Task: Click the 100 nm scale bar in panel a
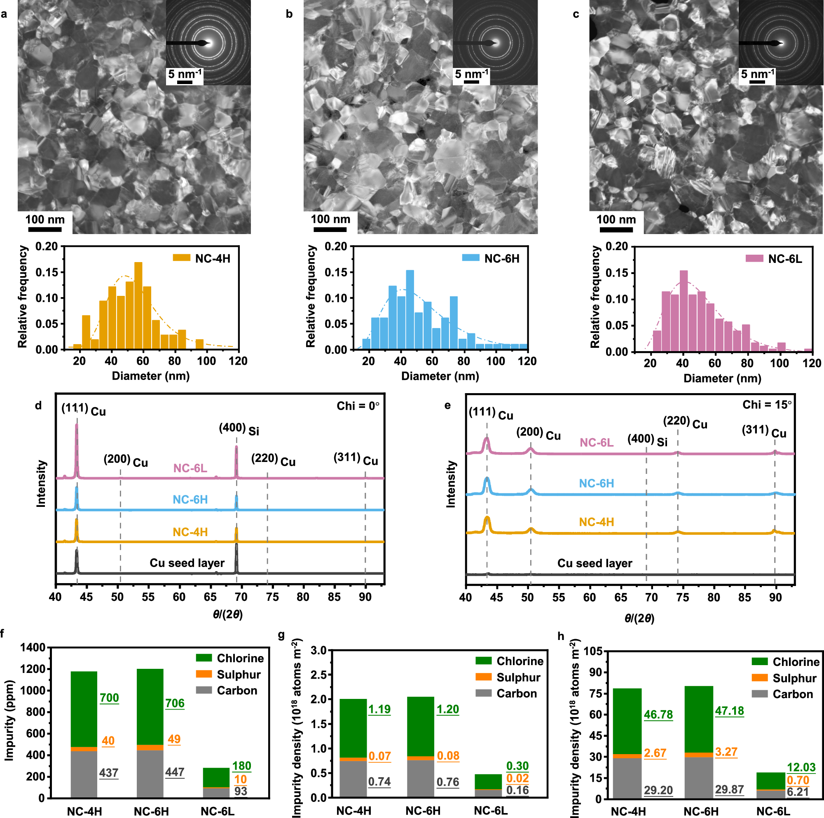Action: [x=45, y=229]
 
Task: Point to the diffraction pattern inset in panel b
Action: [x=495, y=42]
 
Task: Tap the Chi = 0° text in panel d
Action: [x=357, y=405]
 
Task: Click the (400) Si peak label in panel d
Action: [x=239, y=429]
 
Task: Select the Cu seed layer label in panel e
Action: [x=595, y=563]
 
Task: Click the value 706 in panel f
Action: [x=175, y=703]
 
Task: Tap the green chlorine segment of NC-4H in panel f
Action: [x=84, y=709]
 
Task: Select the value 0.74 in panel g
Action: [x=379, y=782]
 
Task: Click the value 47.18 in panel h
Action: [x=729, y=710]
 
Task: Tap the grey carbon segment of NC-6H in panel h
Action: [x=699, y=778]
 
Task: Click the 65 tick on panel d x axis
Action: [x=210, y=597]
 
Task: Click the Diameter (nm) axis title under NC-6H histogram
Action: [x=440, y=376]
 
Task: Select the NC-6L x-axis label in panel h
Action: [x=773, y=811]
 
